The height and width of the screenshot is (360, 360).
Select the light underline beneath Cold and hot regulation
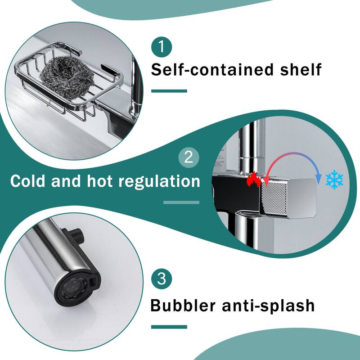(181, 202)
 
